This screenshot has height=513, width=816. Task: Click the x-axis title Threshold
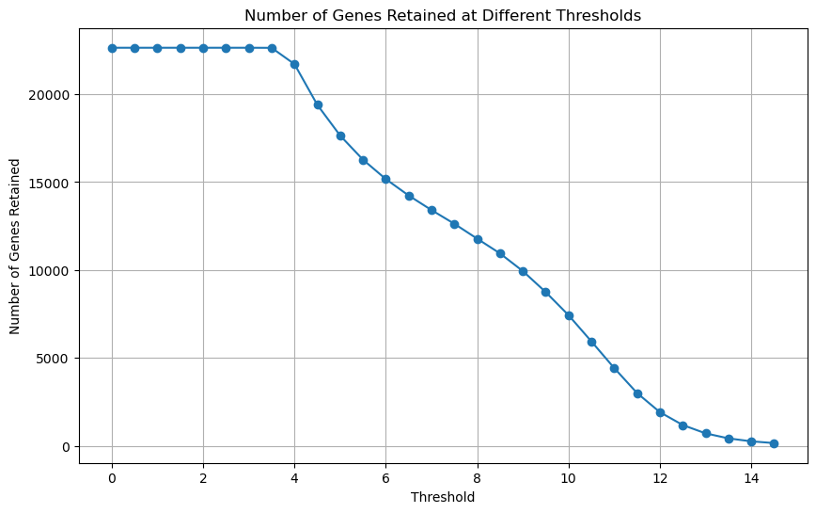443,497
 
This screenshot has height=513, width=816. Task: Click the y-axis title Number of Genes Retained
15,247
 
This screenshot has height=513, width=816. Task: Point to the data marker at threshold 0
112,48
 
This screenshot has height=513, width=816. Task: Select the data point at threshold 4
294,64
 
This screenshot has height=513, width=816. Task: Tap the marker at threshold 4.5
318,104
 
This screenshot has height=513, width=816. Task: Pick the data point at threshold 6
385,179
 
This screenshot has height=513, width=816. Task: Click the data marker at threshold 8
478,239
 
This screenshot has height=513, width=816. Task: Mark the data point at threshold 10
569,315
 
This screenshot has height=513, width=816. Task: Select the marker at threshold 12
660,412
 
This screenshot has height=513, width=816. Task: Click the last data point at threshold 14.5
774,443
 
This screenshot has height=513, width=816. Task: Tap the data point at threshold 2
203,48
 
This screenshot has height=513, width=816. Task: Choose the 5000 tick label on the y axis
56,359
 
